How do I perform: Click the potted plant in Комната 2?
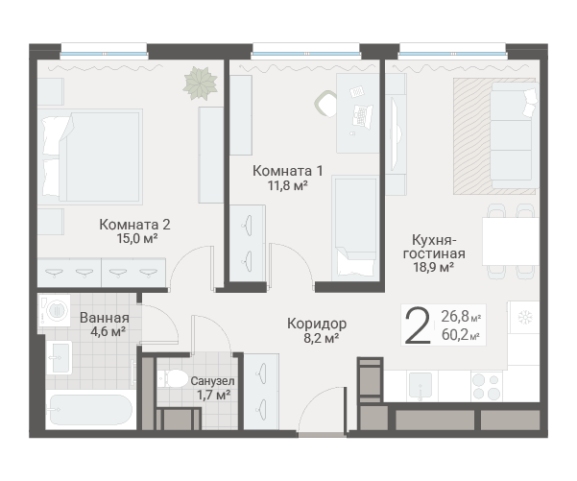pyautogui.click(x=201, y=84)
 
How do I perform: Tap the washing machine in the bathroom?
pyautogui.click(x=55, y=310)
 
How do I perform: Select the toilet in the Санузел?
pyautogui.click(x=173, y=378)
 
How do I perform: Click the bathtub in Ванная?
pyautogui.click(x=89, y=410)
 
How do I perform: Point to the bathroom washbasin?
pyautogui.click(x=60, y=358)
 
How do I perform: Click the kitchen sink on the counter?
pyautogui.click(x=421, y=386)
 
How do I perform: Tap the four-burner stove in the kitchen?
pyautogui.click(x=487, y=386)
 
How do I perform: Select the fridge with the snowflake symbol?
pyautogui.click(x=524, y=317)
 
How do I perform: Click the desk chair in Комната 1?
pyautogui.click(x=325, y=104)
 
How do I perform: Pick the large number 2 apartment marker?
pyautogui.click(x=418, y=325)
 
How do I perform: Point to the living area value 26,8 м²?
pyautogui.click(x=461, y=316)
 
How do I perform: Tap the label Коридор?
pyautogui.click(x=317, y=324)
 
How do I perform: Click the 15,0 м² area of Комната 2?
pyautogui.click(x=137, y=238)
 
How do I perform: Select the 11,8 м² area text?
pyautogui.click(x=287, y=185)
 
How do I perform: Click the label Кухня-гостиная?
pyautogui.click(x=434, y=247)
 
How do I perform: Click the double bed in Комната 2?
pyautogui.click(x=90, y=156)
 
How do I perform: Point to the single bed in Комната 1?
pyautogui.click(x=355, y=228)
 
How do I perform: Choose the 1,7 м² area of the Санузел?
pyautogui.click(x=214, y=396)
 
